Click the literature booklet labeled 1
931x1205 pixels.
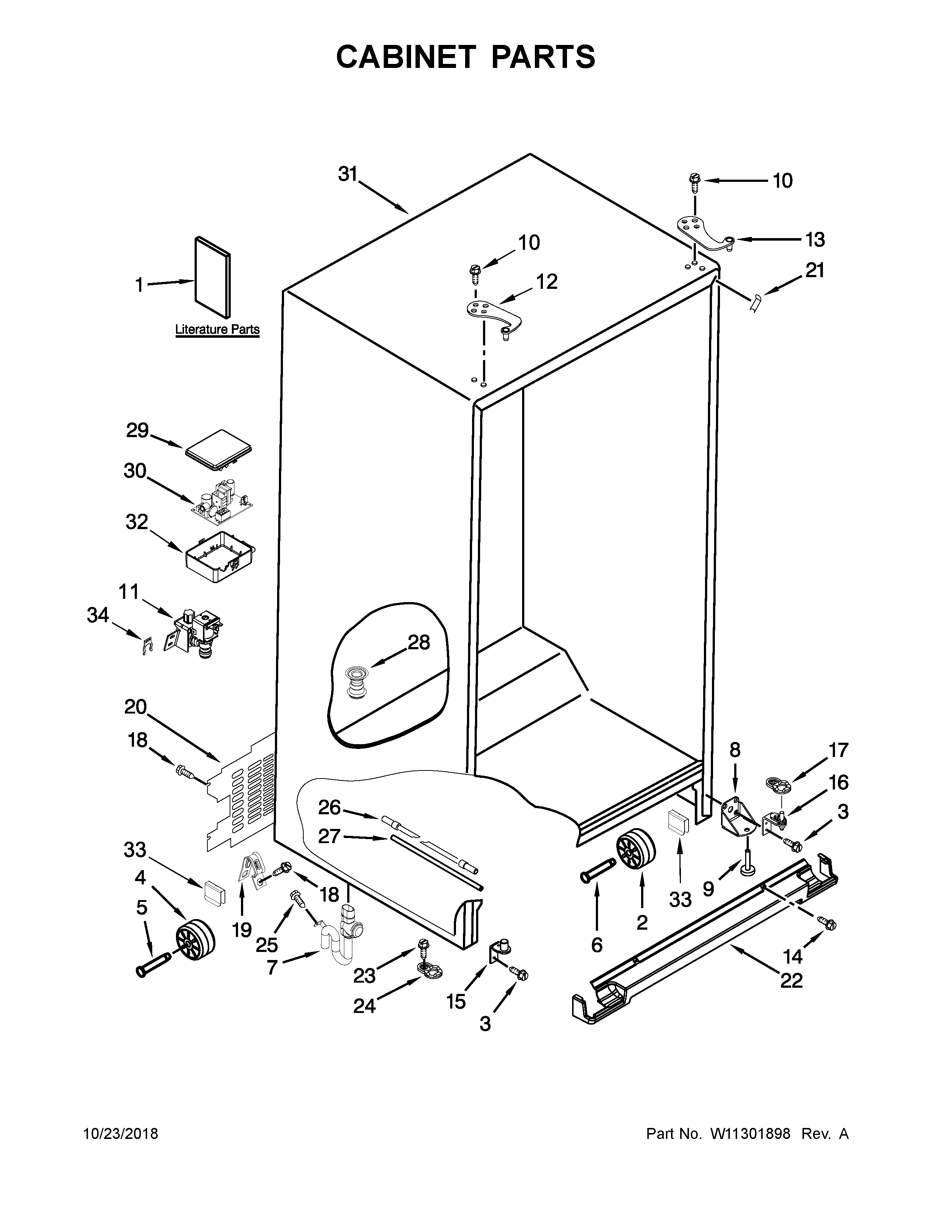click(x=213, y=279)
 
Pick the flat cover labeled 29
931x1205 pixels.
click(x=219, y=451)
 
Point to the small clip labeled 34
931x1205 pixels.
click(x=145, y=646)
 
